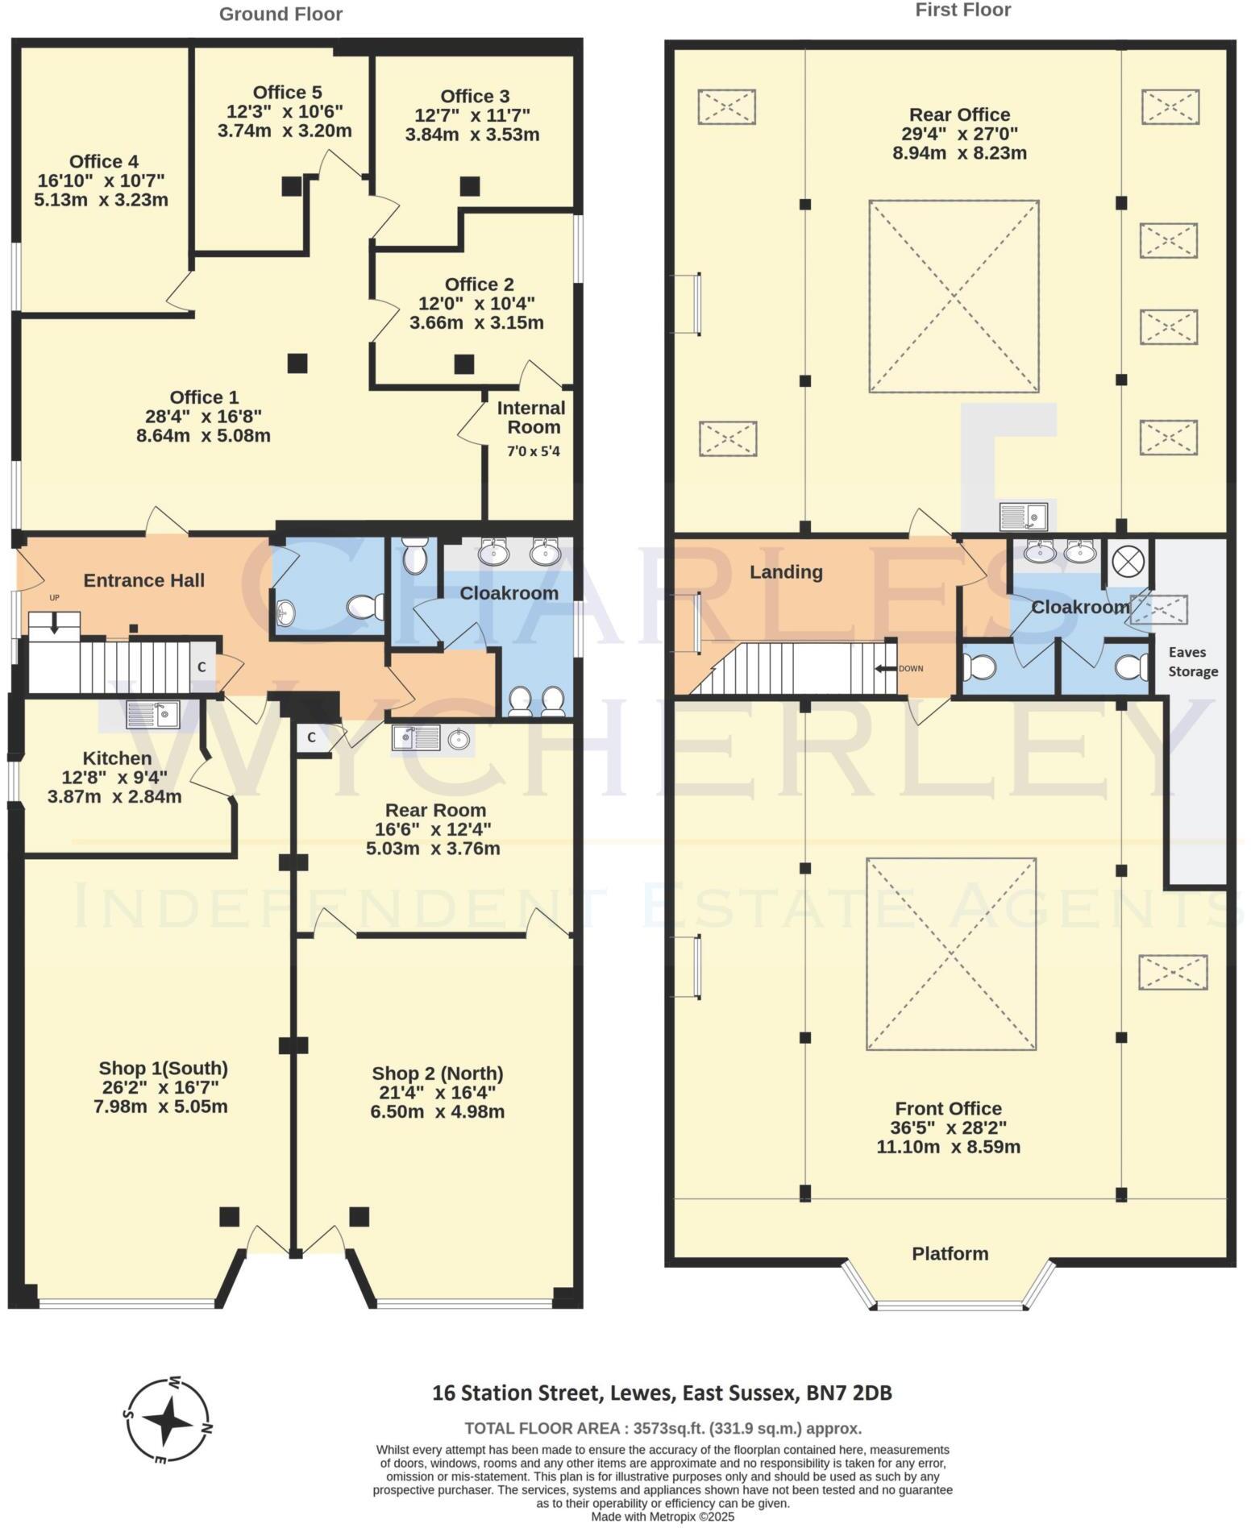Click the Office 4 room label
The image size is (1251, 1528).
[x=102, y=162]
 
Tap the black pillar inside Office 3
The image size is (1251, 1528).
[x=469, y=186]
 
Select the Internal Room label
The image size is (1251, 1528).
[x=531, y=417]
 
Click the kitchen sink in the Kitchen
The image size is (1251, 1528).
[x=153, y=714]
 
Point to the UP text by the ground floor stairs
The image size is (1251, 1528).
[x=55, y=597]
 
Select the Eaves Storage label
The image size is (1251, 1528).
[x=1193, y=662]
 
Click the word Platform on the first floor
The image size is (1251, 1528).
[x=950, y=1253]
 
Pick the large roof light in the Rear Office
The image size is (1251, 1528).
[x=954, y=297]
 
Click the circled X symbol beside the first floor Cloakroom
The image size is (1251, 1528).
[x=1124, y=561]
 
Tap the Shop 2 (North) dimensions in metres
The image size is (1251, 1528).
[x=437, y=1112]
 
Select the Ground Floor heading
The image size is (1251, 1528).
[x=281, y=14]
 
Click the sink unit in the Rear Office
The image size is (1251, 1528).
[x=1023, y=515]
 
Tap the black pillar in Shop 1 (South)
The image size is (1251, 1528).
[x=229, y=1216]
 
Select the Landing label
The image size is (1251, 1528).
[x=786, y=572]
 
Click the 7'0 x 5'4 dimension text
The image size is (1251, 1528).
[x=533, y=451]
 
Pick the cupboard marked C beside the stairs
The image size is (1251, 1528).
[x=202, y=666]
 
